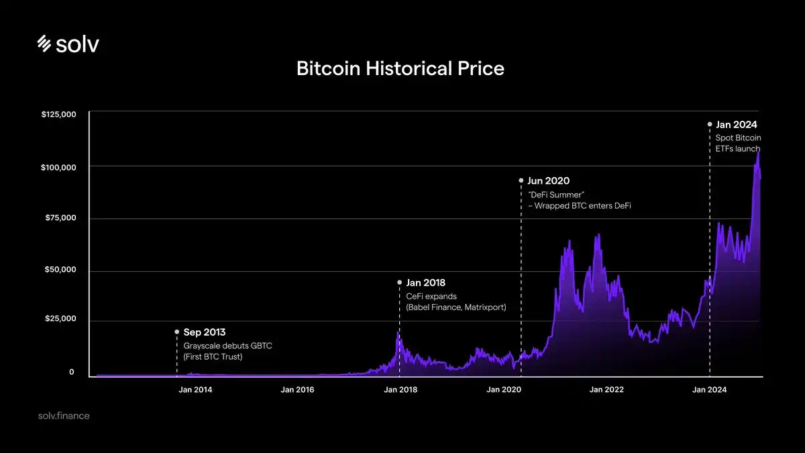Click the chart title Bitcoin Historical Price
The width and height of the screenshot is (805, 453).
[400, 68]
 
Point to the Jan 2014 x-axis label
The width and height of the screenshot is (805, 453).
[195, 390]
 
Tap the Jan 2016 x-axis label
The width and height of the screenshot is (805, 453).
[297, 390]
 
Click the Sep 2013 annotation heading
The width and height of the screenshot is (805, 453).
[205, 332]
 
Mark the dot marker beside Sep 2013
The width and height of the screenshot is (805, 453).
[176, 332]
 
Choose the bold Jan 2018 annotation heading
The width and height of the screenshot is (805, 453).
[425, 283]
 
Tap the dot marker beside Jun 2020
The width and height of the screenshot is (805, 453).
[521, 181]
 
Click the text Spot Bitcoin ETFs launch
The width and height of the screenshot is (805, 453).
[738, 143]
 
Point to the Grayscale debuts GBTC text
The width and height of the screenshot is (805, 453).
[228, 346]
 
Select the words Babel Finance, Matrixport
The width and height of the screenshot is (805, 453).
[456, 307]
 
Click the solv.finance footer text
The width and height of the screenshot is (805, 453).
[64, 416]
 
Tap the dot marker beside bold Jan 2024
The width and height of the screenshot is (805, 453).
[710, 124]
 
